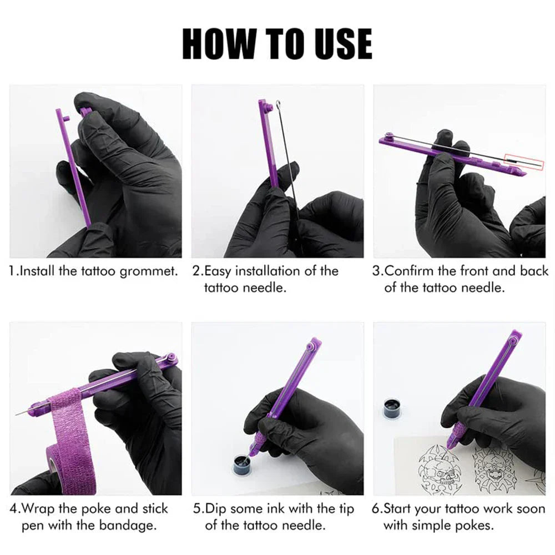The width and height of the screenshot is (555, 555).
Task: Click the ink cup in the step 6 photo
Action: (393, 408)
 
